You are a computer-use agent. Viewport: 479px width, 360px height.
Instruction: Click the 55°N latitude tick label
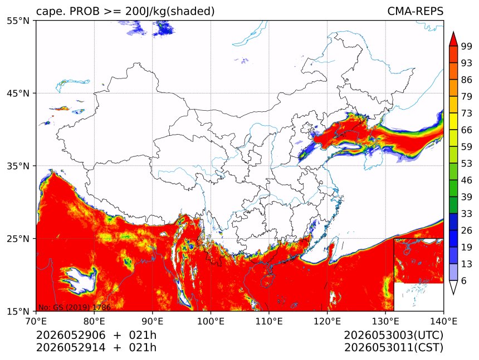[x=18, y=21]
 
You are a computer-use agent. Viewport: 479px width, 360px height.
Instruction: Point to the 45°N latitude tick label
[x=18, y=93]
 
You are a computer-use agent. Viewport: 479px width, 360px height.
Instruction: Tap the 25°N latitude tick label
[x=18, y=239]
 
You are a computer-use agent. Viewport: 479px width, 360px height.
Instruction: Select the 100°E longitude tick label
[x=211, y=321]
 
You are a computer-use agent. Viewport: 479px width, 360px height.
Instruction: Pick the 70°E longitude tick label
[x=36, y=321]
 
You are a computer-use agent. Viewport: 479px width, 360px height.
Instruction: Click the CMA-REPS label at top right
[x=415, y=11]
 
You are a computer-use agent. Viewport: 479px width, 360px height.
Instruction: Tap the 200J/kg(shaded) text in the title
[x=170, y=11]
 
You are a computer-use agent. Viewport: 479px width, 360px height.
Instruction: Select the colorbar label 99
[x=467, y=46]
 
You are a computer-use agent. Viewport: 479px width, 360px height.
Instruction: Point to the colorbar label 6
[x=464, y=280]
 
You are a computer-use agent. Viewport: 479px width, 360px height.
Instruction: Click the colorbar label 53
[x=467, y=164]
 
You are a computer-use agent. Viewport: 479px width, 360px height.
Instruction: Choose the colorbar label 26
[x=467, y=230]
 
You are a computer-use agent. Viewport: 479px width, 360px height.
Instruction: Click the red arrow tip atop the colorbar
[x=453, y=32]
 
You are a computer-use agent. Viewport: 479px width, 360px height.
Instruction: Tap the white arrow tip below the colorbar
[x=453, y=294]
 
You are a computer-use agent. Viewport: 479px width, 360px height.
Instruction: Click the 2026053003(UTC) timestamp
[x=393, y=335]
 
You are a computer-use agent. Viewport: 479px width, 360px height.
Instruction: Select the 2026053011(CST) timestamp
[x=393, y=347]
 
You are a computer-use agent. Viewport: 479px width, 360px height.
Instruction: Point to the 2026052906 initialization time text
[x=71, y=335]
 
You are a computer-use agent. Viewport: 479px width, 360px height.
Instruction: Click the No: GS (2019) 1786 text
[x=74, y=307]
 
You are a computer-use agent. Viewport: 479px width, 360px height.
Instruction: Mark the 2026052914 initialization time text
[x=71, y=347]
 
